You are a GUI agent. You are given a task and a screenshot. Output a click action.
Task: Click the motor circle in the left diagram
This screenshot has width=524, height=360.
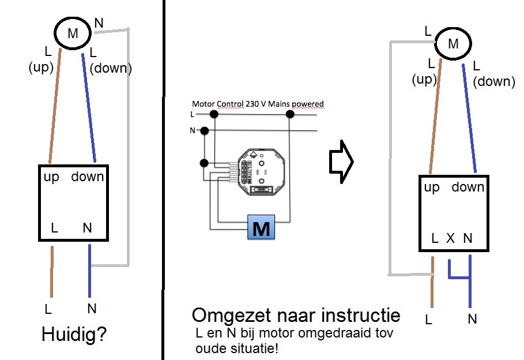73,33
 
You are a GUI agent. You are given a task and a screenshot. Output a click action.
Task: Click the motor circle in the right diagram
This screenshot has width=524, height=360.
453,43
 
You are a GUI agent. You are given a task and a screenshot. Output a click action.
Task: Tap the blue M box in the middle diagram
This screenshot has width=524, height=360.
261,228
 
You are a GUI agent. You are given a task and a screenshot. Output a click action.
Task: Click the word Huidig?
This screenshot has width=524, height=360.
74,335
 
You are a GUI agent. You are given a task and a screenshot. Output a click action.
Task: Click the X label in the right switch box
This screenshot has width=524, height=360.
451,238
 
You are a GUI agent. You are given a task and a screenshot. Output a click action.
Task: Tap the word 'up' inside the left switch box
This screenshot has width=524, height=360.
52,177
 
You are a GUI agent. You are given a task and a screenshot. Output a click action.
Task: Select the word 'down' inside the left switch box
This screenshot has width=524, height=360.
88,177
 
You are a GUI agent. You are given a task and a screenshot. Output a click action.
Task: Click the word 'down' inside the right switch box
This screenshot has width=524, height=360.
468,187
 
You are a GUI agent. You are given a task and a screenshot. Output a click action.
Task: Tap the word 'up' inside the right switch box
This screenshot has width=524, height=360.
432,187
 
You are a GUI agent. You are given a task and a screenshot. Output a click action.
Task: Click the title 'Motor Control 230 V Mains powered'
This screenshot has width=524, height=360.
258,104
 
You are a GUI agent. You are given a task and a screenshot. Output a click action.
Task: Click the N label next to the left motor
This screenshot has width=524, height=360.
99,23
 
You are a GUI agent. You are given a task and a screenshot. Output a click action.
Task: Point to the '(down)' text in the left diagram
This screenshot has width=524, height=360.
111,69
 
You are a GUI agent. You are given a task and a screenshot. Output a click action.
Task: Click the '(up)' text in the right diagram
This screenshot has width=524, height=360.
424,79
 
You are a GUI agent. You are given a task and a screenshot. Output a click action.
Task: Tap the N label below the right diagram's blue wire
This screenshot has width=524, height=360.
473,318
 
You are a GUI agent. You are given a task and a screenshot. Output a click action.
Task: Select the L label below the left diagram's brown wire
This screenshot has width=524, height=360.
49,310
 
